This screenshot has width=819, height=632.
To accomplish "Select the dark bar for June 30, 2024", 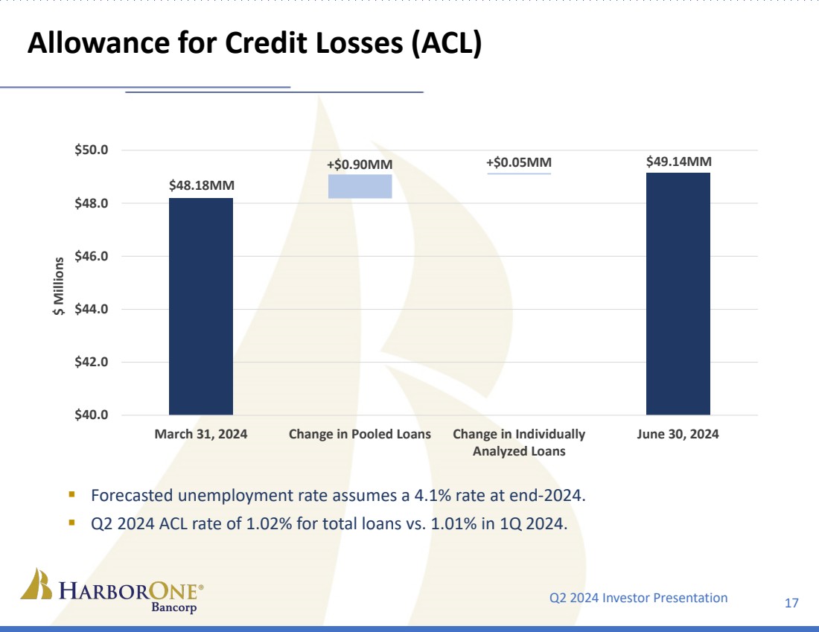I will (x=678, y=293).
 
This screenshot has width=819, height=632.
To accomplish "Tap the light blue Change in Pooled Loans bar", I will (x=360, y=186).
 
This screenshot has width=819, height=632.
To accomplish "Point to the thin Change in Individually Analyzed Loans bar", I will (x=519, y=173).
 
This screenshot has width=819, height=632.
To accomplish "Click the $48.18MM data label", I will (x=201, y=185).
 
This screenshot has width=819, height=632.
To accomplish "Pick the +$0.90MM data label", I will (x=360, y=164).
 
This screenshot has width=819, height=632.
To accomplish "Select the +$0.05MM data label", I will (x=519, y=162).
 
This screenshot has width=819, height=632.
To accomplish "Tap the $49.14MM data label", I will (x=678, y=160).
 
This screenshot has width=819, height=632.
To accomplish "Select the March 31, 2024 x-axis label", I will (x=201, y=434).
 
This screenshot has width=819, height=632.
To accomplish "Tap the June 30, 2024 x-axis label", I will (x=678, y=434).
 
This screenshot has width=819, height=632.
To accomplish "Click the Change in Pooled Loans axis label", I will (x=360, y=434).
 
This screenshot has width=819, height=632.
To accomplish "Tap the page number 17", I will (x=791, y=602).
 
